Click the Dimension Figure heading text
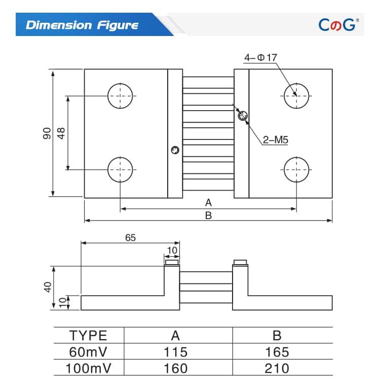click(82, 25)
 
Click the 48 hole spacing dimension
click(61, 133)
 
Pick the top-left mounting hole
click(120, 95)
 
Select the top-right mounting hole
click(296, 95)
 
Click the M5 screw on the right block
click(243, 116)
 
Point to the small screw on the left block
click(175, 150)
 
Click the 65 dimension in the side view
click(130, 237)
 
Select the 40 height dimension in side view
click(47, 287)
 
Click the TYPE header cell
click(89, 335)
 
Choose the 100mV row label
click(89, 368)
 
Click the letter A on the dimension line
click(208, 202)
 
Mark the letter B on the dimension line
click(208, 215)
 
